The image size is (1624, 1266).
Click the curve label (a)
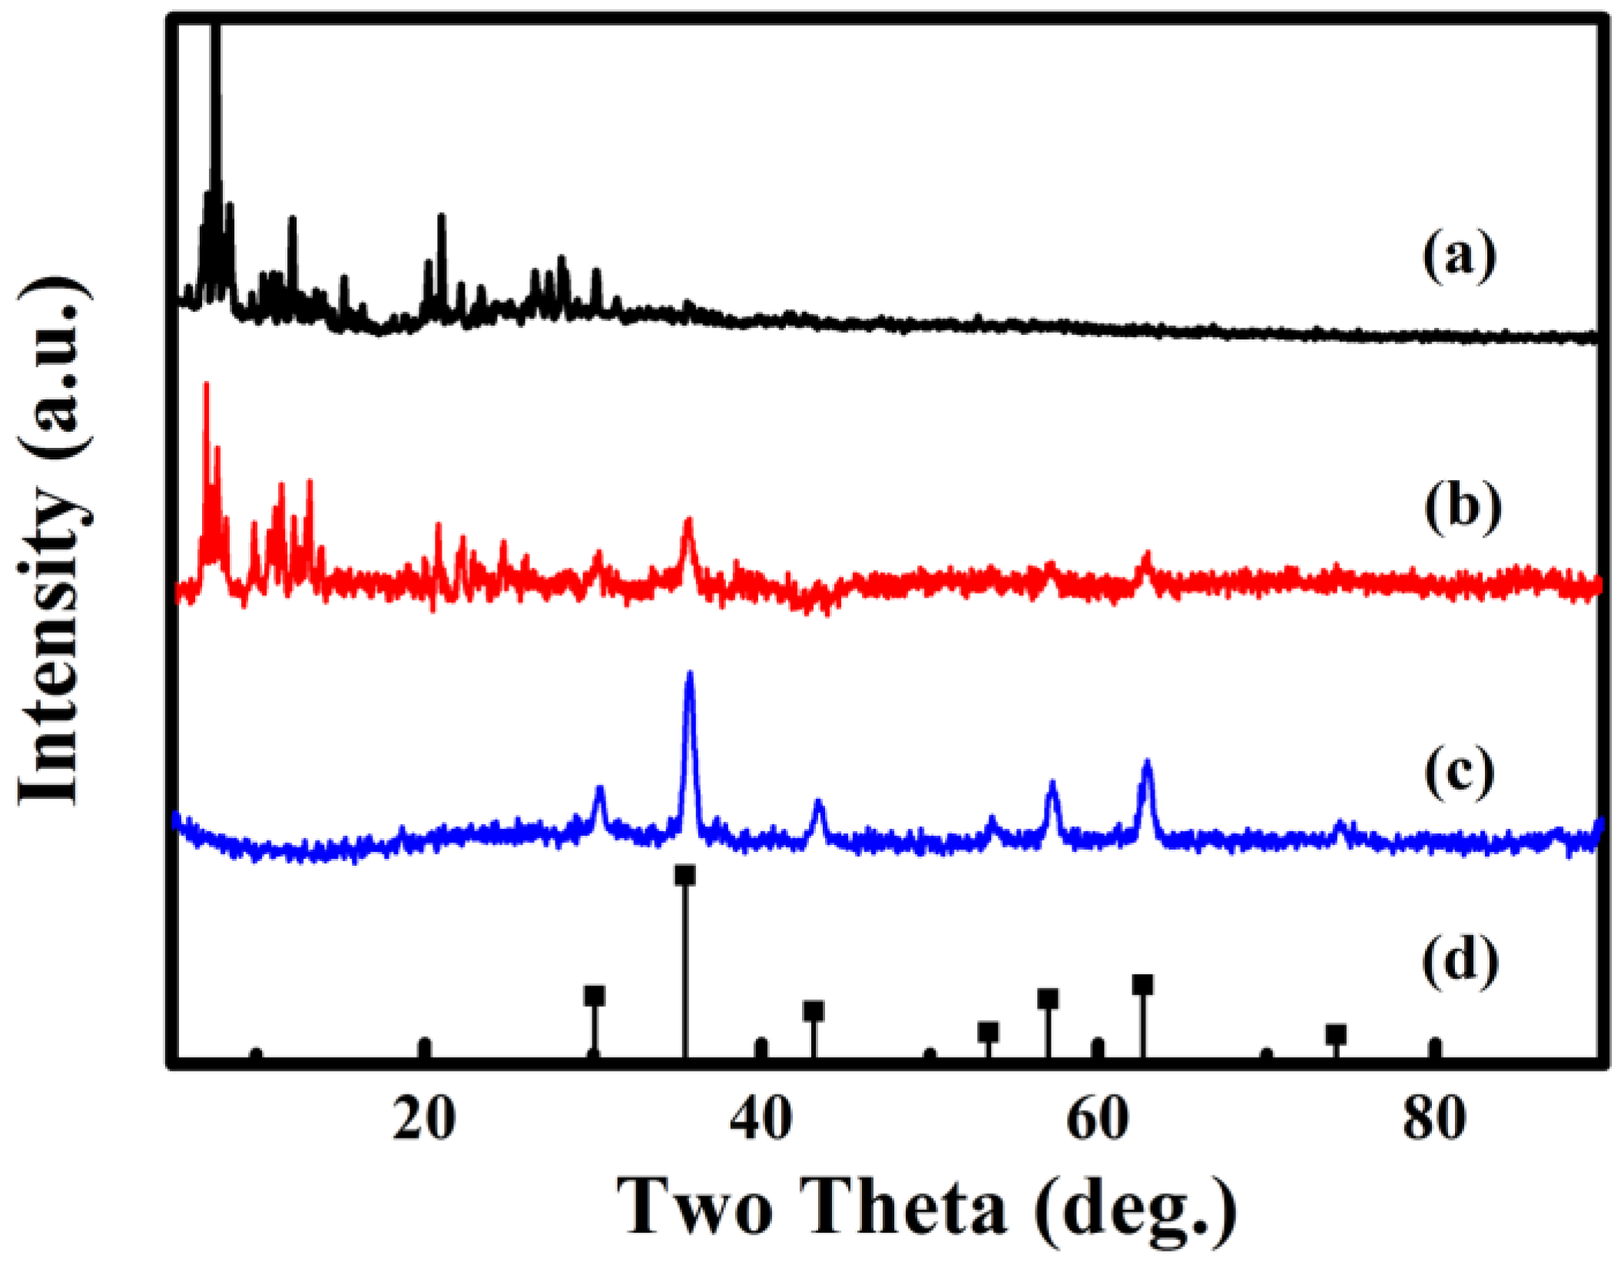[x=1459, y=258]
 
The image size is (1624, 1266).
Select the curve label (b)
[x=1463, y=508]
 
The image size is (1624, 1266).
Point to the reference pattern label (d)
[x=1460, y=959]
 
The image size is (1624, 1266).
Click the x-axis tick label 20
[x=423, y=1120]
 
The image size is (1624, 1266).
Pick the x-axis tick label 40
[x=761, y=1120]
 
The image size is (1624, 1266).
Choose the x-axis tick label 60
[x=1097, y=1120]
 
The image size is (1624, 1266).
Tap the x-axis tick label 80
[x=1434, y=1120]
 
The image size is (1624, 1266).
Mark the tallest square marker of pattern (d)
[x=684, y=875]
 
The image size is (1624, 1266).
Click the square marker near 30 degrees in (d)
[x=595, y=996]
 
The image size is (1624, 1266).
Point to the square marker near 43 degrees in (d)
[x=814, y=1012]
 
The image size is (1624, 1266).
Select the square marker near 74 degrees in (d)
[x=1336, y=1035]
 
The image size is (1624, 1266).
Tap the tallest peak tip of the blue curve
[x=689, y=674]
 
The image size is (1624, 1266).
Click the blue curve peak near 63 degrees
[x=1147, y=763]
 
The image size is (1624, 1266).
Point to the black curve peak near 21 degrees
[x=441, y=217]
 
